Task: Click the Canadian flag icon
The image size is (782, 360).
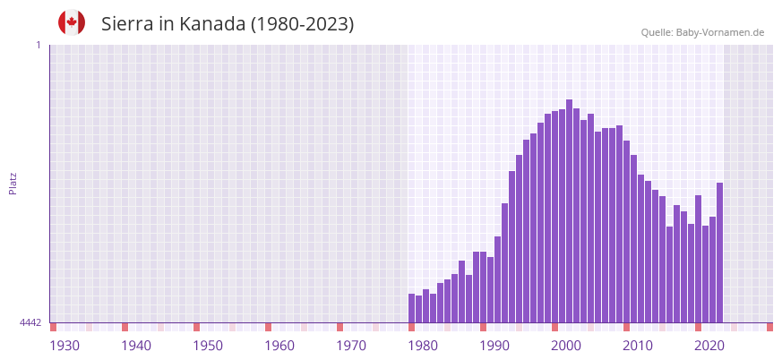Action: click(x=72, y=22)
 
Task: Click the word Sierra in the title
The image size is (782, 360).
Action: click(x=127, y=24)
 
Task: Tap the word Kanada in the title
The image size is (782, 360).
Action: click(x=212, y=24)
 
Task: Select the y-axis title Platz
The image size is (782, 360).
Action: click(x=13, y=183)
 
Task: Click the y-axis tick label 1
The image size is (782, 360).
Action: click(x=38, y=45)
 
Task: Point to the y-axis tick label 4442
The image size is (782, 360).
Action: click(x=30, y=322)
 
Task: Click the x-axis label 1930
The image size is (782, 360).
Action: click(x=64, y=346)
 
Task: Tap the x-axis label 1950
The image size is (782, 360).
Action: click(x=208, y=346)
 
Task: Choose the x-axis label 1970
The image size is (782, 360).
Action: click(x=351, y=346)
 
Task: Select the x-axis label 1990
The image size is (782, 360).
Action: click(x=494, y=346)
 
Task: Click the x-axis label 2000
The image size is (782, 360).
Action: click(x=566, y=346)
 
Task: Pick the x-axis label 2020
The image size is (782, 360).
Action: click(x=709, y=346)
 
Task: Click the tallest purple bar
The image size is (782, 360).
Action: click(x=569, y=210)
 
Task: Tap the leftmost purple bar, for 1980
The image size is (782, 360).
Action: click(x=412, y=308)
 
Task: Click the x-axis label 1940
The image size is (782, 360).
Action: click(x=136, y=346)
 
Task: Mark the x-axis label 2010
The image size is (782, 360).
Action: click(x=638, y=346)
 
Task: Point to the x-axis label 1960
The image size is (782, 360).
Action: click(x=279, y=346)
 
